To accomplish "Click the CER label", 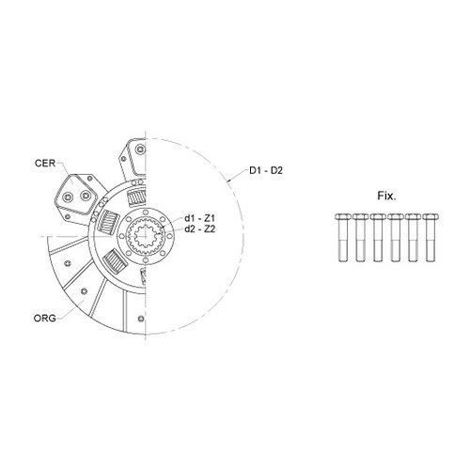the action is tap(45, 164).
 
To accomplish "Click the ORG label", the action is tap(45, 318).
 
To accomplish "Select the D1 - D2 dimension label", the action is tap(266, 170).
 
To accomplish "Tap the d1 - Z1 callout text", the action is tap(199, 218).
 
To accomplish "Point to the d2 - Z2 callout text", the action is tap(199, 229).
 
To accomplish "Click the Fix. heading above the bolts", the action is tap(386, 196).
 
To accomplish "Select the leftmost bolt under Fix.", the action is tap(343, 237).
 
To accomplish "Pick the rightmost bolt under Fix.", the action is tap(431, 237).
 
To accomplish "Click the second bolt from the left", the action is tap(361, 237).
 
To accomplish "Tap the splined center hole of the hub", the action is tap(146, 236).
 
